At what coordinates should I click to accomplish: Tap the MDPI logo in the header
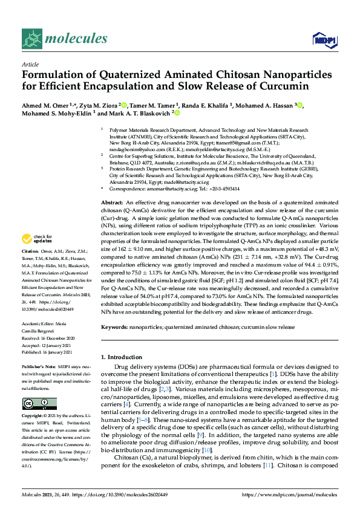[321, 40]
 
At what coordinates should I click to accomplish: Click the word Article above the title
[30, 63]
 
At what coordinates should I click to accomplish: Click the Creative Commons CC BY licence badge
[39, 403]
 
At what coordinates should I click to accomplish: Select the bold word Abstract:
[113, 201]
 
